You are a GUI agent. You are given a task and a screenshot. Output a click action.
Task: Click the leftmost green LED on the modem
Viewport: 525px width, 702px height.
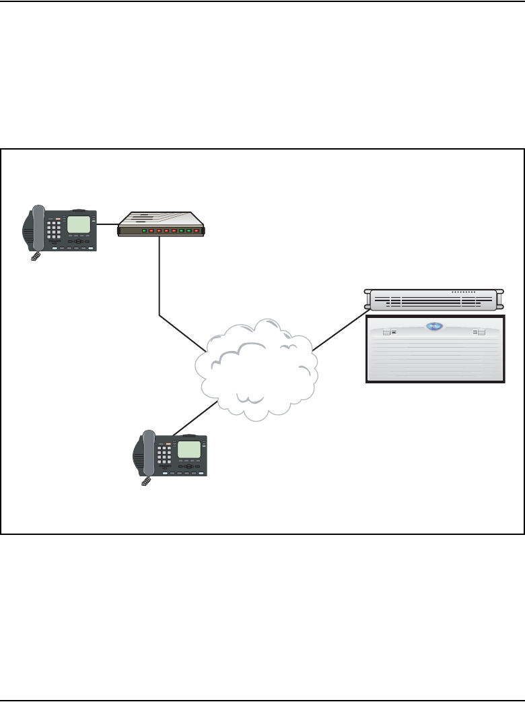(144, 231)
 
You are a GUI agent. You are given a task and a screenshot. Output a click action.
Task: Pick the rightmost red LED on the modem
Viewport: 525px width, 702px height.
(197, 231)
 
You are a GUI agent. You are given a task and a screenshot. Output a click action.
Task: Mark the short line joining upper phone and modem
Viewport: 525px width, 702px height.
(107, 224)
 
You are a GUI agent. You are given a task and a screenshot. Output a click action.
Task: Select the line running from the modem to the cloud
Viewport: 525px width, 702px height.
(160, 283)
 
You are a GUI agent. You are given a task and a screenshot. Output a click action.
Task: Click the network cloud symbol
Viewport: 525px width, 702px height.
(256, 367)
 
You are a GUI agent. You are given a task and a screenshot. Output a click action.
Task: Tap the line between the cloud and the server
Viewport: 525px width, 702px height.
(340, 330)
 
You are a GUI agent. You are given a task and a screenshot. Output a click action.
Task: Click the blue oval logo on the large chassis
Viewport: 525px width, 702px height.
(435, 327)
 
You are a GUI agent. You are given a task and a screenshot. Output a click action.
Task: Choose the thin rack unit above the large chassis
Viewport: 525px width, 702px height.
(434, 300)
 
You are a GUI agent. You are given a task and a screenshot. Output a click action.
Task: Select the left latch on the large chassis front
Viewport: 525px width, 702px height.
(386, 332)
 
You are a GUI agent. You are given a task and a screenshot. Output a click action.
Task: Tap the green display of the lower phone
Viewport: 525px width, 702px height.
(189, 449)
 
